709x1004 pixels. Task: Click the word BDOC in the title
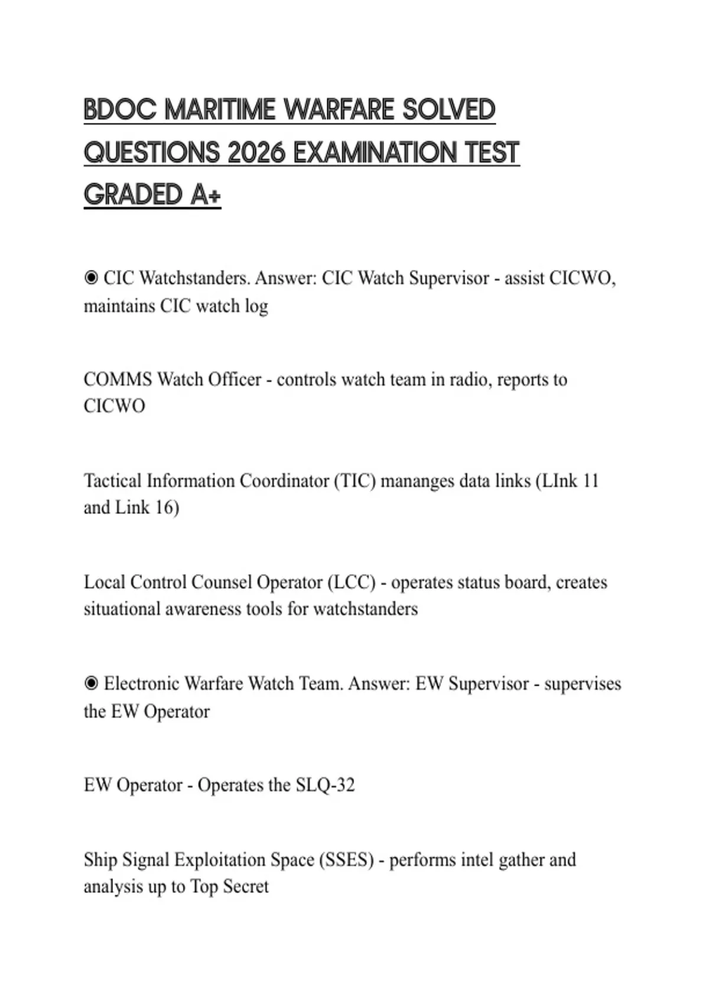pyautogui.click(x=121, y=110)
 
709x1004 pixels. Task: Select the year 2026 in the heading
pyautogui.click(x=256, y=153)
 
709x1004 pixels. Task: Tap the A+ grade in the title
pyautogui.click(x=205, y=195)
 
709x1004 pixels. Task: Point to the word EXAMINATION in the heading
pyautogui.click(x=375, y=153)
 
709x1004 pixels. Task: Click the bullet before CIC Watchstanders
pyautogui.click(x=91, y=278)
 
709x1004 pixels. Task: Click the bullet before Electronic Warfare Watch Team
pyautogui.click(x=91, y=683)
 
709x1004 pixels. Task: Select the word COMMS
pyautogui.click(x=118, y=379)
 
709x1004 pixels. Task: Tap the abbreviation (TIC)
pyautogui.click(x=354, y=481)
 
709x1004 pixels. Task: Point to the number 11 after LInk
pyautogui.click(x=590, y=481)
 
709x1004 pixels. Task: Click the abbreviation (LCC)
pyautogui.click(x=351, y=582)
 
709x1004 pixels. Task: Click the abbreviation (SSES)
pyautogui.click(x=346, y=860)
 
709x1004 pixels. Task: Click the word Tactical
pyautogui.click(x=112, y=481)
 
